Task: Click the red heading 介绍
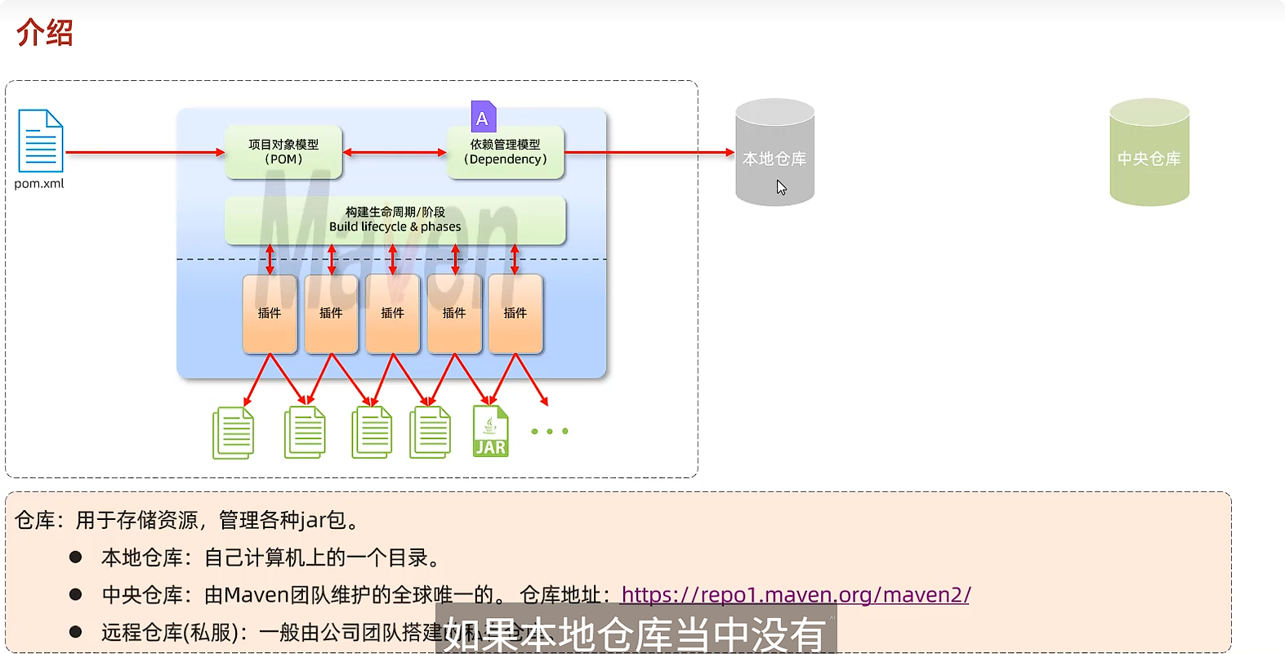click(x=45, y=33)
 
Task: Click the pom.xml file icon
click(x=40, y=141)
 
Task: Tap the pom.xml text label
click(x=38, y=184)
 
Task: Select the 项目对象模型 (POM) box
click(x=283, y=152)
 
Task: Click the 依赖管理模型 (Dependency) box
click(x=505, y=152)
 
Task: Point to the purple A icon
click(x=483, y=118)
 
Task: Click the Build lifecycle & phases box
click(x=395, y=220)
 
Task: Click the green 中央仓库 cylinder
click(x=1149, y=153)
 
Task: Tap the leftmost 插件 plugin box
click(x=270, y=314)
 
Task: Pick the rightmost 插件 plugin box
click(x=515, y=314)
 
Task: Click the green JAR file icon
click(x=490, y=432)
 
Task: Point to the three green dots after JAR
click(x=550, y=431)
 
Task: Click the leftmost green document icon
click(x=234, y=433)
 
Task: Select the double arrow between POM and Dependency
click(x=395, y=152)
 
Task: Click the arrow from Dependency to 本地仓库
click(x=649, y=152)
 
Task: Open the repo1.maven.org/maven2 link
click(x=795, y=594)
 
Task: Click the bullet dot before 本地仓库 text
click(x=76, y=557)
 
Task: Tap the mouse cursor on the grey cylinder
click(x=781, y=187)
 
